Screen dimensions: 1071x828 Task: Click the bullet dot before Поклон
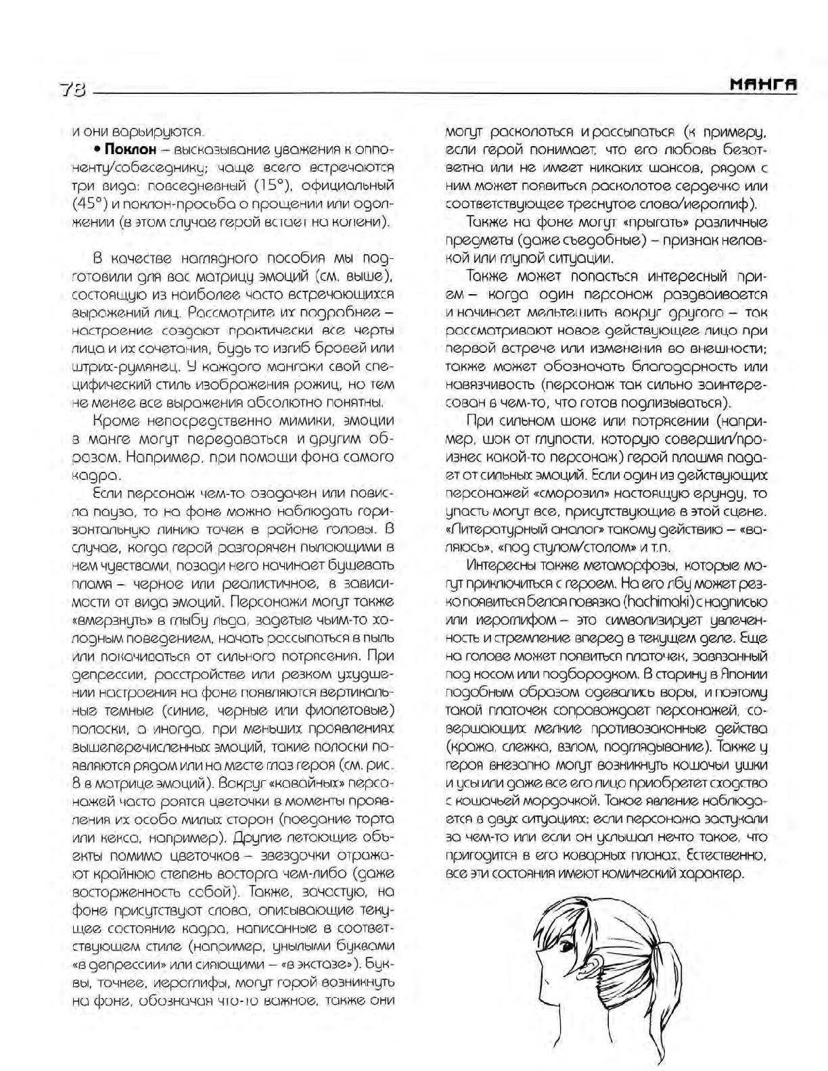pyautogui.click(x=97, y=149)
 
